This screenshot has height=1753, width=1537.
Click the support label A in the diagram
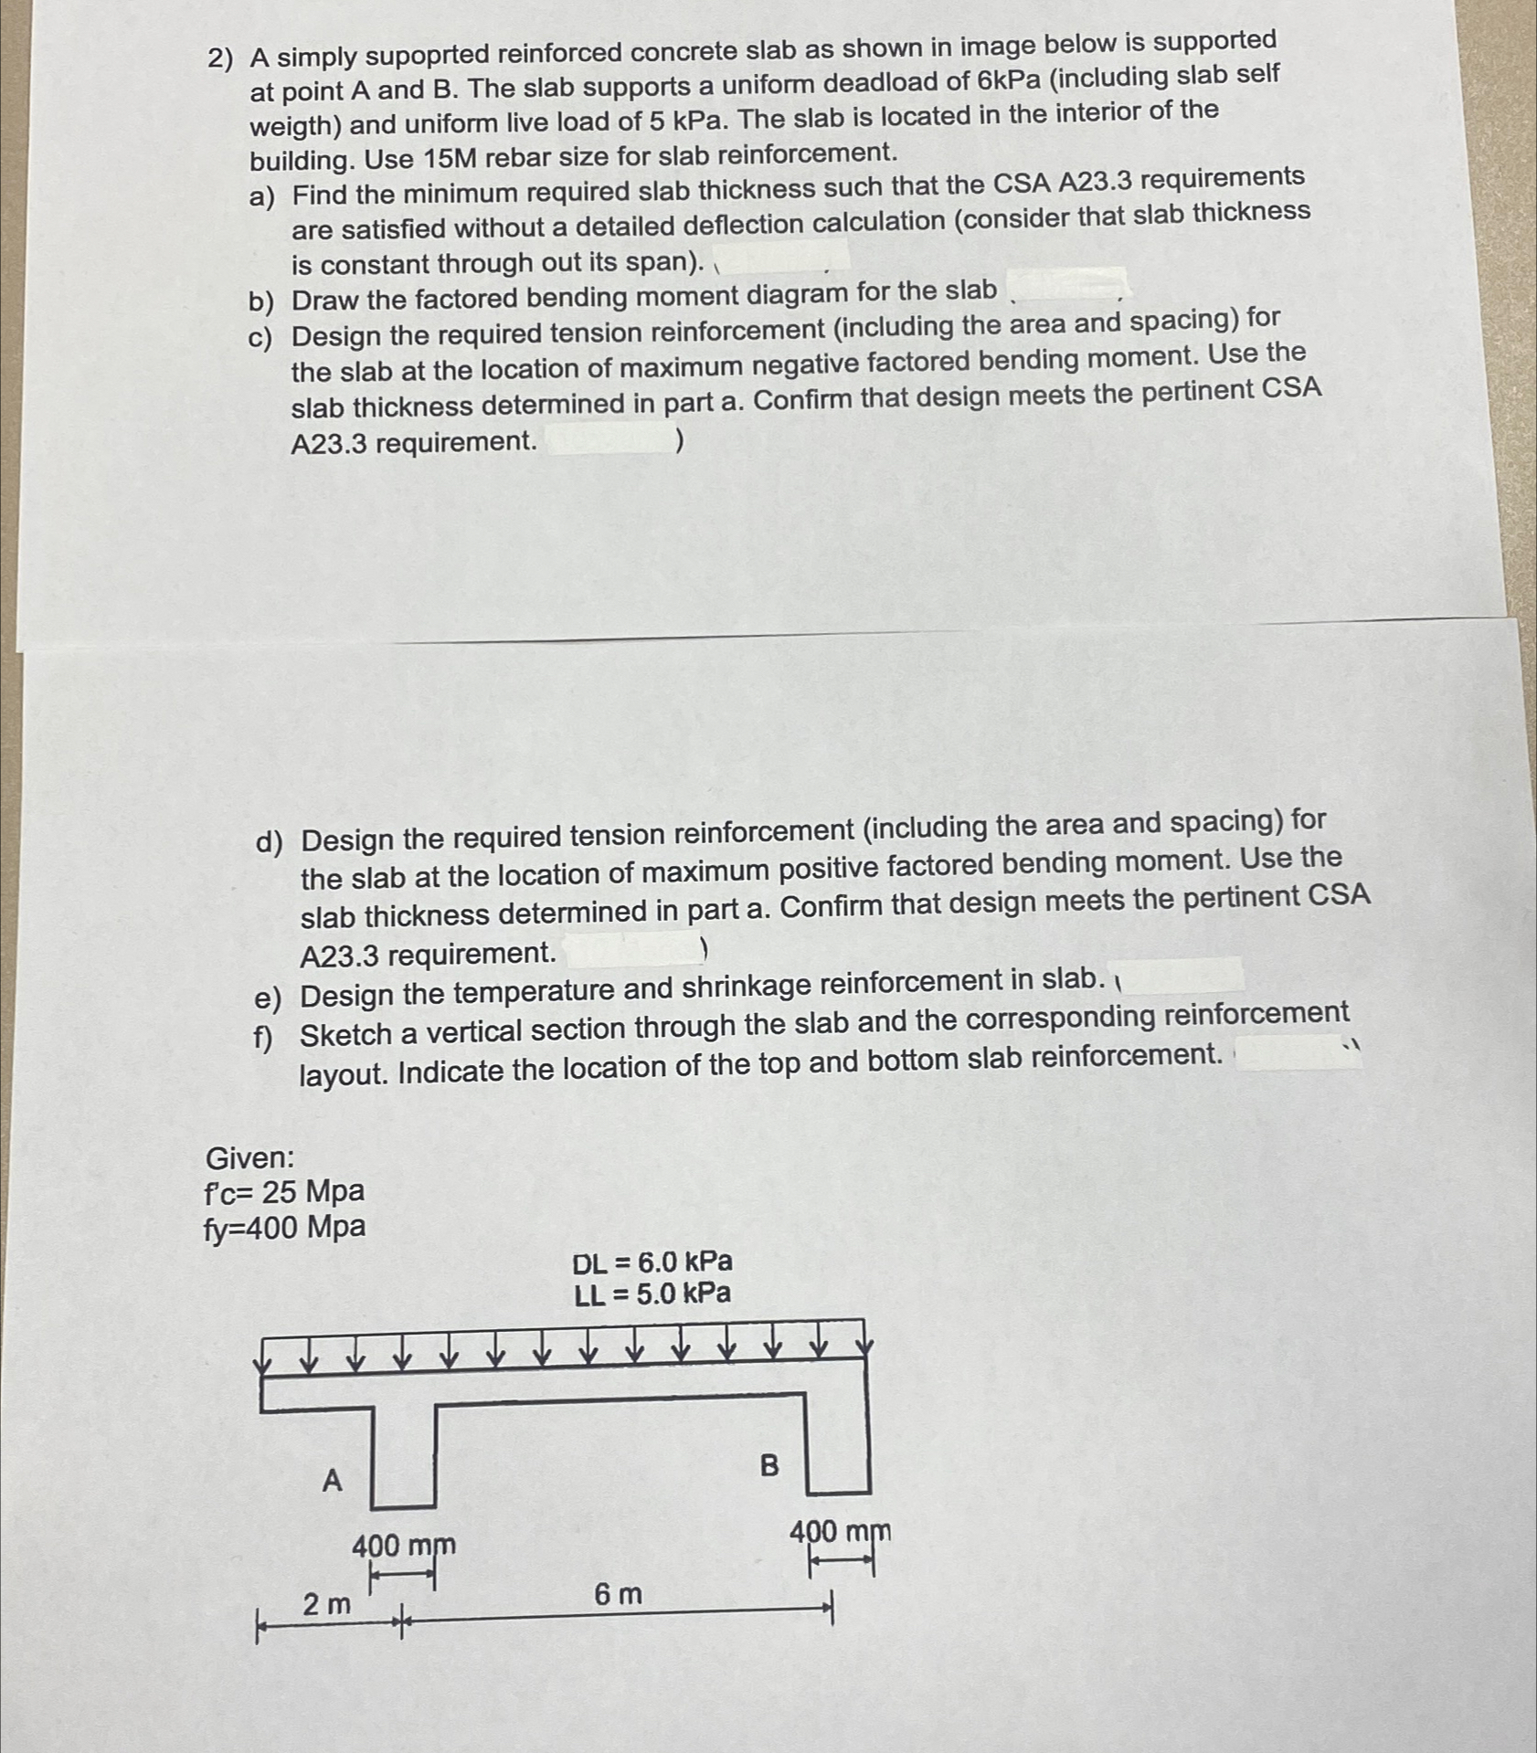(x=333, y=1479)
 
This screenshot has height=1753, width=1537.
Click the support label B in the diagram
(x=769, y=1466)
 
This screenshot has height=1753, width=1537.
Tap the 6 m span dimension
(x=618, y=1595)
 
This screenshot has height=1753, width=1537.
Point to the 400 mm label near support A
(x=404, y=1547)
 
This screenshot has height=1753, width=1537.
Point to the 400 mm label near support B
(x=840, y=1530)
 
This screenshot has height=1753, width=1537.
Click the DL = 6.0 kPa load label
(x=652, y=1262)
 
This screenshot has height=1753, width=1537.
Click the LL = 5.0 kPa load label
(x=652, y=1294)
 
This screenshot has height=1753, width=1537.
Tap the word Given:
(x=249, y=1158)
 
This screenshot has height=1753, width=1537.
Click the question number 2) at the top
(x=219, y=59)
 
